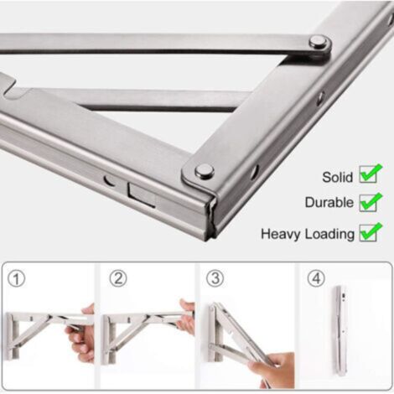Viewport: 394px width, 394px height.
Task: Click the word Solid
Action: coord(337,177)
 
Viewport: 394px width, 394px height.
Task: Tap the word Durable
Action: coord(329,202)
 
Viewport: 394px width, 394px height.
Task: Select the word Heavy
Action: coord(280,234)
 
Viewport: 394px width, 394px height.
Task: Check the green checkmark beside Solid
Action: coord(371,174)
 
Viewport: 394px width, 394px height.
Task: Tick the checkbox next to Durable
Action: coord(371,202)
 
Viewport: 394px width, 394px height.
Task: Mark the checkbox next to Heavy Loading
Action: coord(371,232)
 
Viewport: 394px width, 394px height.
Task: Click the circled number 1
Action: coord(16,279)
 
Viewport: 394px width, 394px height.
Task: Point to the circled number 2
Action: coord(118,278)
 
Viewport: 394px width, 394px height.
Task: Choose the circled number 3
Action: coord(215,278)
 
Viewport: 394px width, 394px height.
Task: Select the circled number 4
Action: coord(316,278)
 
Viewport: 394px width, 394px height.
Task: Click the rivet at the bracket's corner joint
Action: coord(205,171)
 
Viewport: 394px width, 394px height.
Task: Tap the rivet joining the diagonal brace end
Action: coord(319,43)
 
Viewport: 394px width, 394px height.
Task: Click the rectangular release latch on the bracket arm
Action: coord(142,194)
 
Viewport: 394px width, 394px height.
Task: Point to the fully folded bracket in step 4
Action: coord(341,330)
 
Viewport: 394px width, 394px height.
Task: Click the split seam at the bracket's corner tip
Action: coord(211,216)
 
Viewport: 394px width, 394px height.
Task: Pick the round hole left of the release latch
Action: coord(110,180)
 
